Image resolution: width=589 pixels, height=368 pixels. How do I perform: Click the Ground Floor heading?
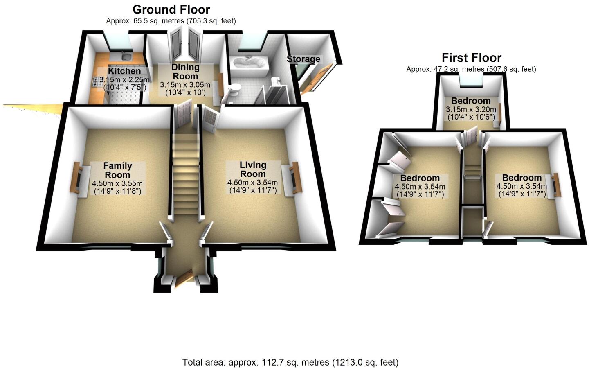[x=171, y=9]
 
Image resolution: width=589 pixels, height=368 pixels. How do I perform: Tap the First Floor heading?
[x=471, y=58]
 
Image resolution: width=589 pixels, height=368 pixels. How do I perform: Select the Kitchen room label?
[x=124, y=71]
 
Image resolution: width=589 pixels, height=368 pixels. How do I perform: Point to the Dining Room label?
[x=185, y=72]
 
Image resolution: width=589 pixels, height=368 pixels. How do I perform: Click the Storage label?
[x=303, y=59]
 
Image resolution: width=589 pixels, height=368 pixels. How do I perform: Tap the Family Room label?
[x=117, y=170]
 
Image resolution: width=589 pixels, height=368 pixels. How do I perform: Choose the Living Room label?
[x=253, y=169]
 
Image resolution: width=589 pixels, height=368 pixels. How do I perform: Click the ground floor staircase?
[x=184, y=172]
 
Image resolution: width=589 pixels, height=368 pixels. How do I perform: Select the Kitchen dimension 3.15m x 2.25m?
[x=124, y=79]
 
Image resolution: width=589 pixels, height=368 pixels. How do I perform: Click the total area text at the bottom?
[x=290, y=362]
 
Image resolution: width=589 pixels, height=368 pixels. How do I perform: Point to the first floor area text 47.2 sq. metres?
[x=471, y=69]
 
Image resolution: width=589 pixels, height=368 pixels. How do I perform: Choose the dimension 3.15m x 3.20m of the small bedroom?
[x=471, y=109]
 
